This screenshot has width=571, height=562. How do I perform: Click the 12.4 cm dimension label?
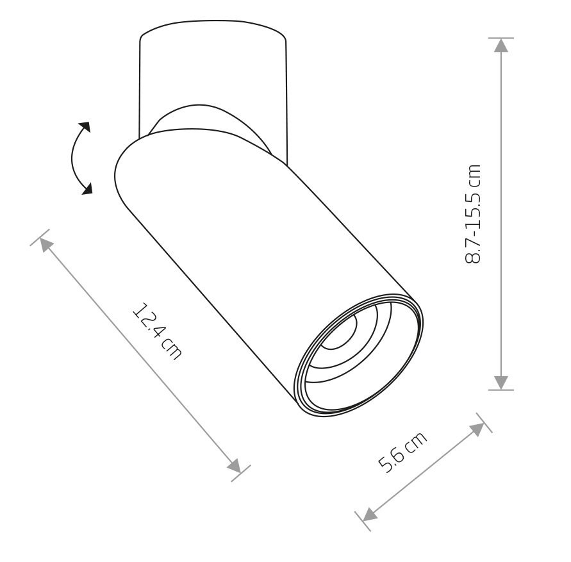point(156,331)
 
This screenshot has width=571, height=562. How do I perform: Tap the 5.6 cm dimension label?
point(402,452)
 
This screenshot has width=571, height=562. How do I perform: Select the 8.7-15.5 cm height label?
point(473,213)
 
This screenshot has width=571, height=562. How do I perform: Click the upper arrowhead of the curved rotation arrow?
point(85,127)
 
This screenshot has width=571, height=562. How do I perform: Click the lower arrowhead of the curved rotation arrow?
point(87,188)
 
